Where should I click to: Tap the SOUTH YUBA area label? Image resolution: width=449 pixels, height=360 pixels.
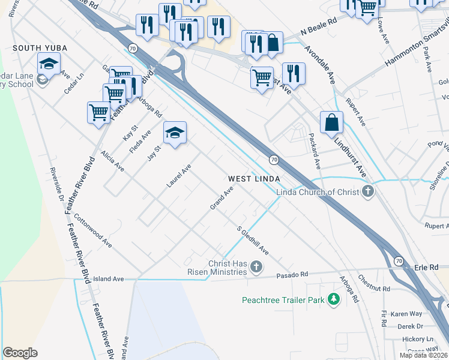40,47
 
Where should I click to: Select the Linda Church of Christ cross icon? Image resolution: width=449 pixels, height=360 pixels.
369,192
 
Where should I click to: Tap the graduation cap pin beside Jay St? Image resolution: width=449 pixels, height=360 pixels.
175,133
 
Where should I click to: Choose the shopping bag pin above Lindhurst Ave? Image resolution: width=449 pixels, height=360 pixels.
331,123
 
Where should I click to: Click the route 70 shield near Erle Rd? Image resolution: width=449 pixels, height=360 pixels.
399,260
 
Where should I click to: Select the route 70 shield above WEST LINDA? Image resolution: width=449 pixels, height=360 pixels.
274,159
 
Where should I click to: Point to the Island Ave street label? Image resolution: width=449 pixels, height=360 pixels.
108,279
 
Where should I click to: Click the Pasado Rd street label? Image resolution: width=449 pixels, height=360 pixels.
292,274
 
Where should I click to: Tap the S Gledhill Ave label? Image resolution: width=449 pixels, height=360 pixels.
252,240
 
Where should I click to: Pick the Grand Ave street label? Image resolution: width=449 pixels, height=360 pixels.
221,198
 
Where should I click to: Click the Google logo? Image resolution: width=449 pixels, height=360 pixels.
20,353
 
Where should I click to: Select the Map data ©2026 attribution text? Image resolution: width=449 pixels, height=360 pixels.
423,355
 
